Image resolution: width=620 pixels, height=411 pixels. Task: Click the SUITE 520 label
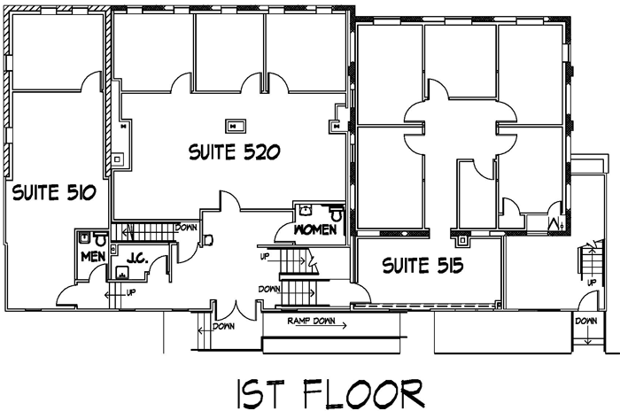[x=235, y=152]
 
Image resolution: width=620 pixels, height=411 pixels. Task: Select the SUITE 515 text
[x=423, y=264]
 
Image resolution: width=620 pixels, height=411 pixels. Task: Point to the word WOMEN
[x=315, y=230]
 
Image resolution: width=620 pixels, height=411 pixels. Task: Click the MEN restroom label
[x=93, y=257]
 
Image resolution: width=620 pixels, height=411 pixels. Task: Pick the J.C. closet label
[x=136, y=260]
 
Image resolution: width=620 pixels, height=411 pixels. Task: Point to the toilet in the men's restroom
[x=100, y=239]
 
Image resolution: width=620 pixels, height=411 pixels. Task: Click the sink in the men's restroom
[x=83, y=238]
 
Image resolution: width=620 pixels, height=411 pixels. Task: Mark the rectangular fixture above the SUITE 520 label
[x=236, y=125]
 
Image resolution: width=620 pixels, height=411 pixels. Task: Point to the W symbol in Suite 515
[x=556, y=223]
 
